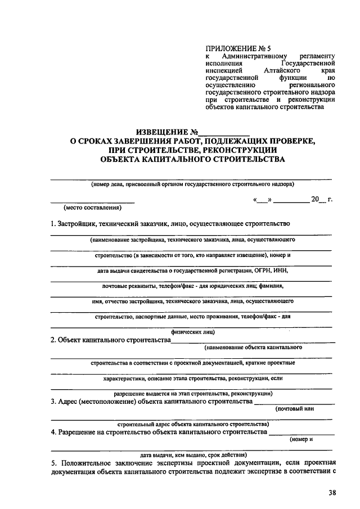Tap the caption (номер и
tap(301, 439)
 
